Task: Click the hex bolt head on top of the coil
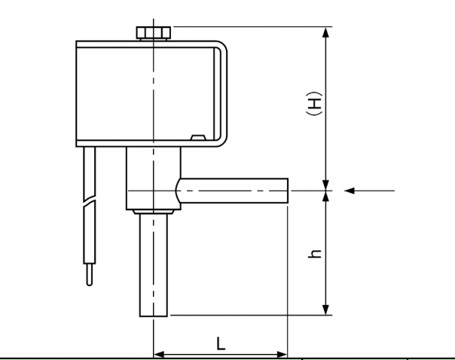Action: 153,32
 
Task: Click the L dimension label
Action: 220,343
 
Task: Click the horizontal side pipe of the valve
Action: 234,191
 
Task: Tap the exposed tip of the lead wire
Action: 90,279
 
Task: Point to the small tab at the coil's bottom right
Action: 198,138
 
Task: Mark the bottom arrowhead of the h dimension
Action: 325,310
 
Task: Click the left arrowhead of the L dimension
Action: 158,353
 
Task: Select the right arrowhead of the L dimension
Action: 282,353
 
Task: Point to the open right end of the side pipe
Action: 287,191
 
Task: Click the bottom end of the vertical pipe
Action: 153,315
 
